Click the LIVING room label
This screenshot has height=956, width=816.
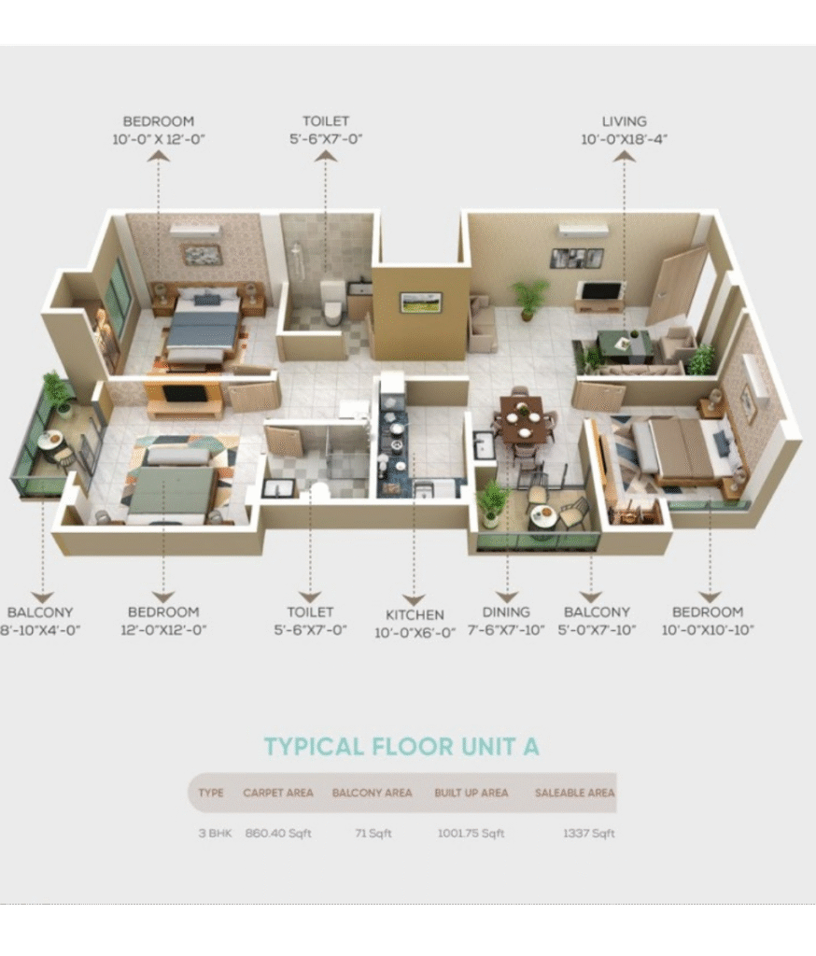(624, 121)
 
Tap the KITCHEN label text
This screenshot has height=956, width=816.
(415, 614)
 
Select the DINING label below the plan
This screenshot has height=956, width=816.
(506, 612)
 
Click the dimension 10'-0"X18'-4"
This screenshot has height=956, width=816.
(624, 139)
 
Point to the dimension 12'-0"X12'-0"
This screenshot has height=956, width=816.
(163, 629)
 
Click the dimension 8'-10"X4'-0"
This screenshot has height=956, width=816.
(39, 629)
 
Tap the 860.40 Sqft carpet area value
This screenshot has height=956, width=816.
(278, 833)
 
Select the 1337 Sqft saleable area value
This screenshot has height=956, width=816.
(588, 833)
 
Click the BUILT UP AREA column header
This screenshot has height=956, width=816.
(471, 793)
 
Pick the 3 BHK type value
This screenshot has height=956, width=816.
(215, 833)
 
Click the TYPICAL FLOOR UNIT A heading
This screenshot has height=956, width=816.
(401, 747)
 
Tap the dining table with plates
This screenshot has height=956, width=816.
(522, 419)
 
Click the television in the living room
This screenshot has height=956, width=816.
(600, 291)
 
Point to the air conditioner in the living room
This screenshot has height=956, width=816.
(584, 230)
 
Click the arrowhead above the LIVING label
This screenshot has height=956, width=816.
(624, 157)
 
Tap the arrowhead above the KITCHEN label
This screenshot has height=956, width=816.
(415, 600)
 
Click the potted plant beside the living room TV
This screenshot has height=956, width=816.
(528, 298)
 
